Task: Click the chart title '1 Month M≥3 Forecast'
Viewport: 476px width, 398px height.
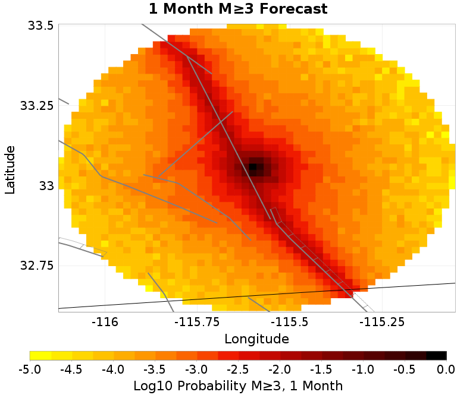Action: pos(238,9)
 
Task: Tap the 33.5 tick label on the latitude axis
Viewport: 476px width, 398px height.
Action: pos(40,26)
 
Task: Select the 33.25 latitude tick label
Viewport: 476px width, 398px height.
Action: pos(37,106)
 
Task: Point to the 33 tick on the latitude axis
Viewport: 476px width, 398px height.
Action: pos(46,186)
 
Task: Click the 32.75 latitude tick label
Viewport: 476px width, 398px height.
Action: pos(37,265)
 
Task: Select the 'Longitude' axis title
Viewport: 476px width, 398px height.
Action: pos(256,339)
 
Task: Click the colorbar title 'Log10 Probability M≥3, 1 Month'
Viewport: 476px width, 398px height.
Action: pos(238,386)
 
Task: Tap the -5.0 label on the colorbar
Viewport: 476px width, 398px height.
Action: pos(30,369)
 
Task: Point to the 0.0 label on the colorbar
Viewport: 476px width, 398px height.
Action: pos(446,369)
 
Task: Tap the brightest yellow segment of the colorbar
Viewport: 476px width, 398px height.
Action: pos(40,356)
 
